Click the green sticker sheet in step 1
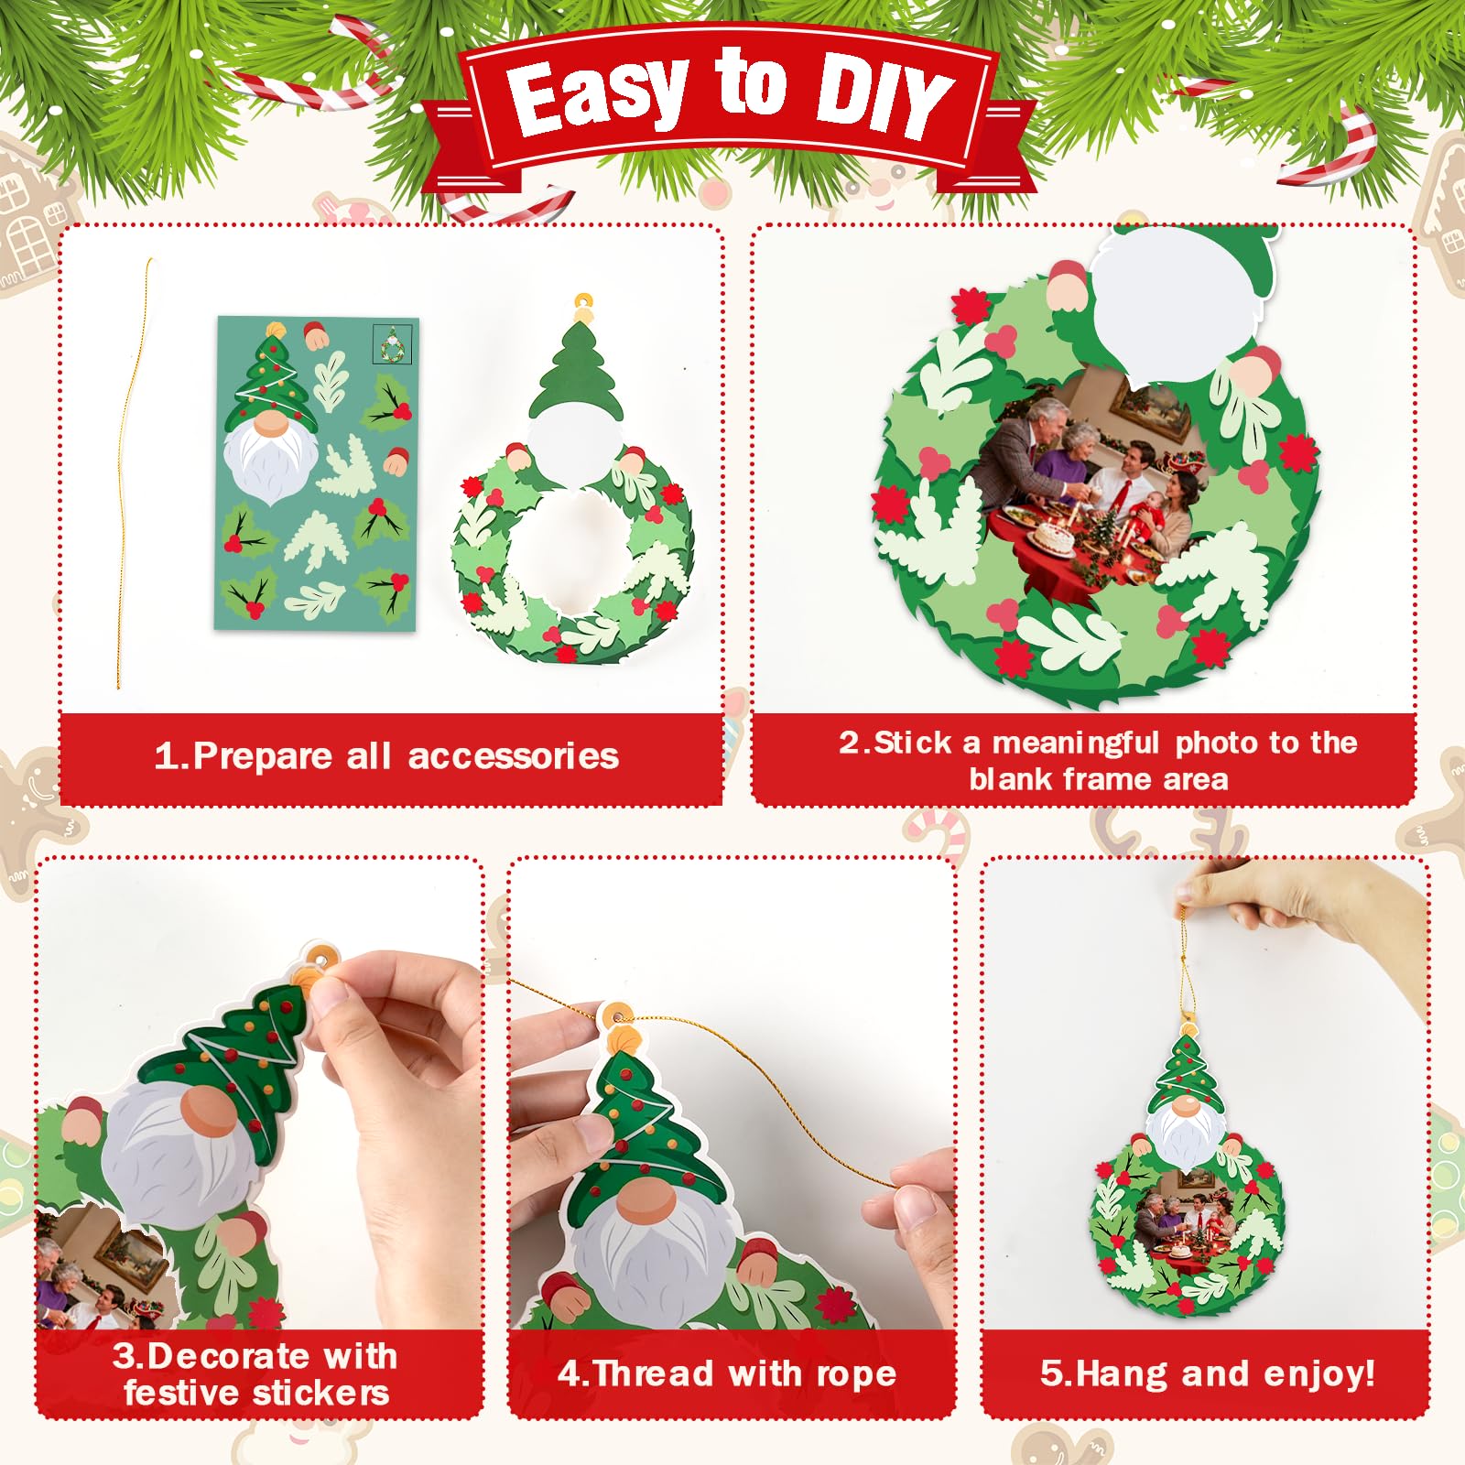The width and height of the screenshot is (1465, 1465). tap(317, 473)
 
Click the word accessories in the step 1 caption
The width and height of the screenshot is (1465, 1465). tap(514, 757)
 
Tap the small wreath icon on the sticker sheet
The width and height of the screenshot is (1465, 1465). tap(392, 345)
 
